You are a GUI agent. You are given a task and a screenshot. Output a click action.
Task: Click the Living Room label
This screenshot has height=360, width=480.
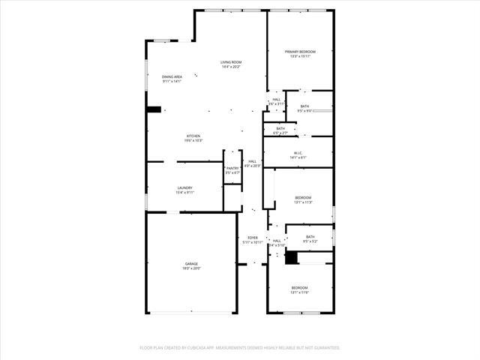pyautogui.click(x=231, y=62)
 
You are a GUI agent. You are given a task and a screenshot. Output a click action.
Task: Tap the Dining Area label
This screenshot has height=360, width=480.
pyautogui.click(x=172, y=76)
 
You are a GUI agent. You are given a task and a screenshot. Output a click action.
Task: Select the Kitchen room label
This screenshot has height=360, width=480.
pyautogui.click(x=193, y=136)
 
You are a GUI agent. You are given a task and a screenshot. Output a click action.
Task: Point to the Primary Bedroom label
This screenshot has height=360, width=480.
pyautogui.click(x=300, y=52)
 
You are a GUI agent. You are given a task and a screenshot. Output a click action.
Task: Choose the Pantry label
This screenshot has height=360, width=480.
pyautogui.click(x=232, y=169)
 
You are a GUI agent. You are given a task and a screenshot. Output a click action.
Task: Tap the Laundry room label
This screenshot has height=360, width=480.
pyautogui.click(x=185, y=187)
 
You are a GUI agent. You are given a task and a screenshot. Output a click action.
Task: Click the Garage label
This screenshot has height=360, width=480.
pyautogui.click(x=192, y=263)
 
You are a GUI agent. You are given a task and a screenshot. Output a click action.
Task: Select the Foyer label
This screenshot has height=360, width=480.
pyautogui.click(x=253, y=238)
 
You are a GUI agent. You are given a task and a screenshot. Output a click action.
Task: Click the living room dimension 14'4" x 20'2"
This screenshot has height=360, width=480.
pyautogui.click(x=231, y=67)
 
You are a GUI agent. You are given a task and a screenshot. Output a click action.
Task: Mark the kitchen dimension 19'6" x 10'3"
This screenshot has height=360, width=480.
pyautogui.click(x=193, y=140)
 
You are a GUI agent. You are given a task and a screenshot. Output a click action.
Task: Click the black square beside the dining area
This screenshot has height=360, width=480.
pyautogui.click(x=154, y=109)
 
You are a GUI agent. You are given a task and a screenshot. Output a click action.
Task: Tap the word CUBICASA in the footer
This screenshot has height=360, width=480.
pyautogui.click(x=214, y=348)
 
